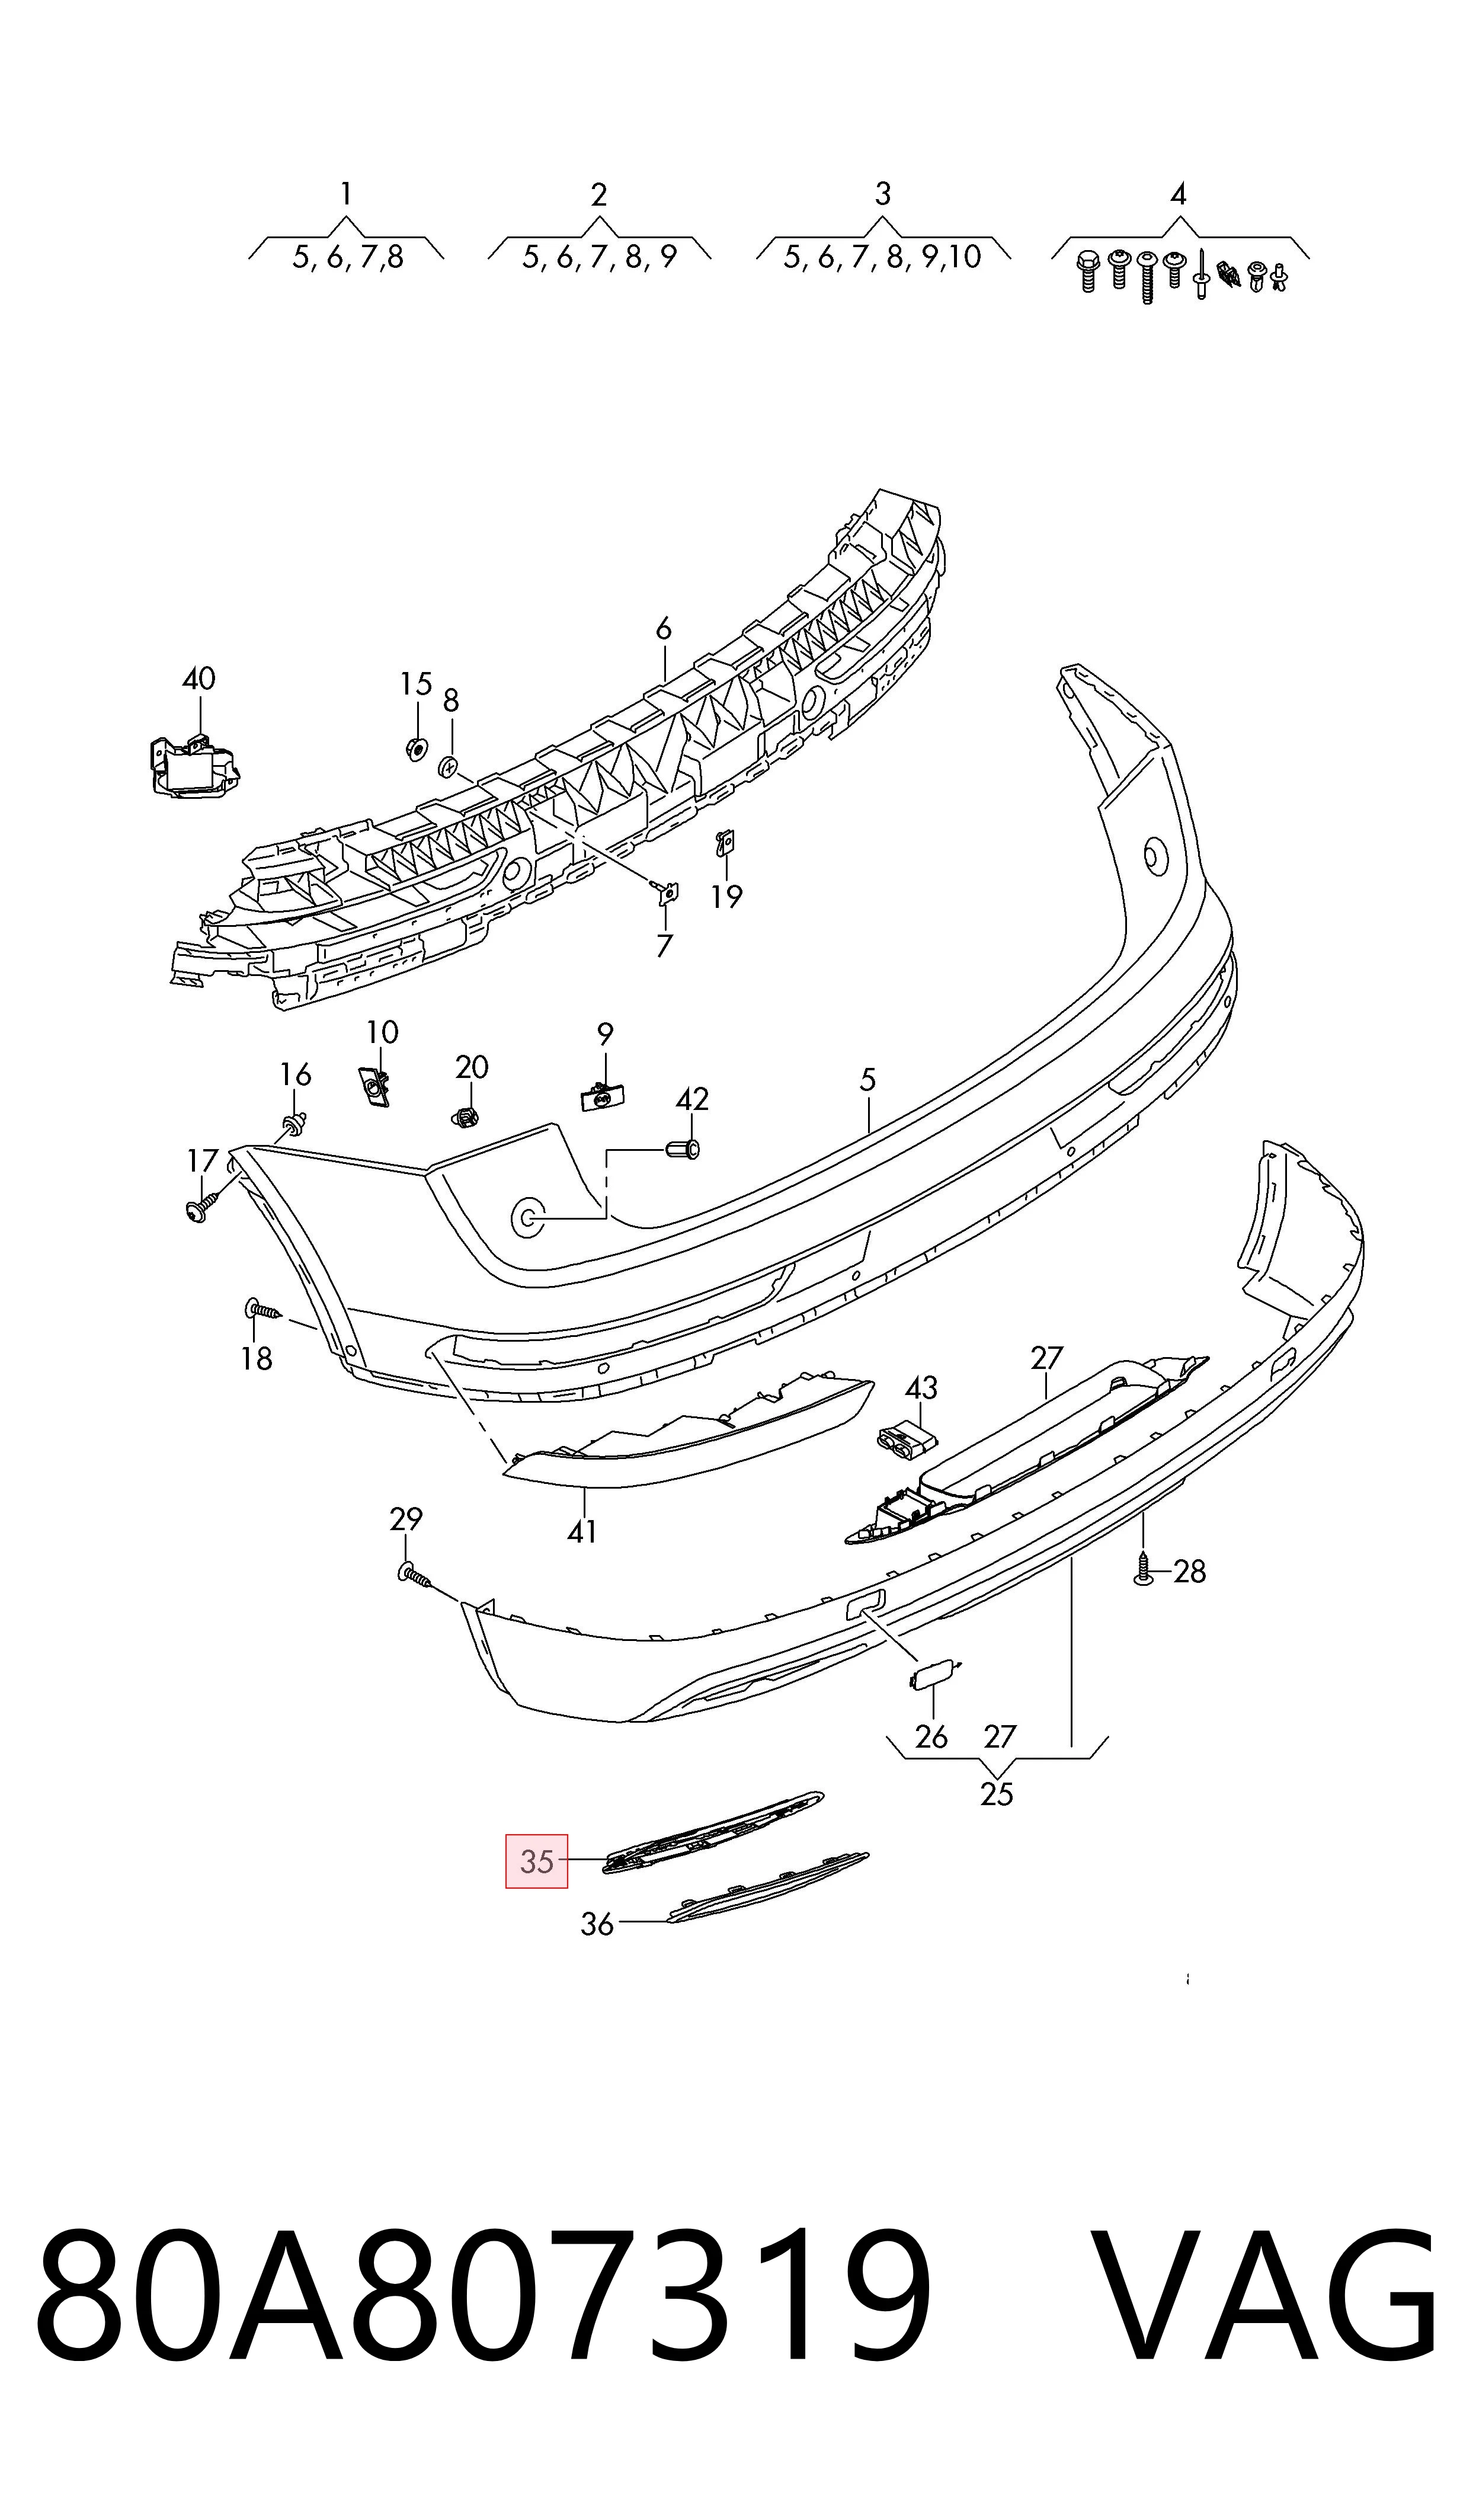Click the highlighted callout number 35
click(x=536, y=1861)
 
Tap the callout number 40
click(x=199, y=679)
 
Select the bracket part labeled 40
click(x=192, y=764)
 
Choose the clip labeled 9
click(x=603, y=1097)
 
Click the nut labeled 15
click(x=417, y=749)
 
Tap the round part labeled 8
click(x=447, y=767)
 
